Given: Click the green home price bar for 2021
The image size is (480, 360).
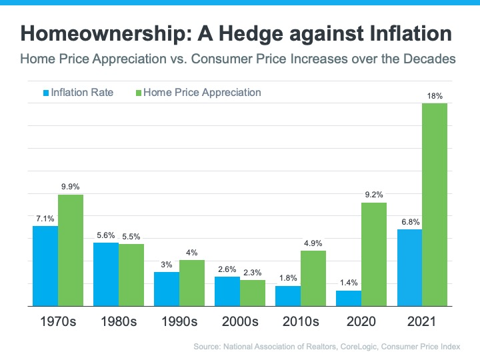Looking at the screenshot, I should coord(434,205).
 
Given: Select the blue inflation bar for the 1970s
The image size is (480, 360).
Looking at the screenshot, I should coord(45,266).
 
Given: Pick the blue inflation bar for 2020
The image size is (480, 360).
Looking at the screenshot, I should coord(348,298).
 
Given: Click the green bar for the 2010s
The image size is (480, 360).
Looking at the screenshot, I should coord(313,278).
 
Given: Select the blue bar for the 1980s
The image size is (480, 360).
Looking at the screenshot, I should coord(106,274).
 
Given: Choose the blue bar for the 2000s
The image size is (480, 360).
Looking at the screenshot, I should coord(227,291).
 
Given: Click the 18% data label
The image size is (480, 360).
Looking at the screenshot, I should coord(434,97).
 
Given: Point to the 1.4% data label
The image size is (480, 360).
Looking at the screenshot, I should coord(348,283).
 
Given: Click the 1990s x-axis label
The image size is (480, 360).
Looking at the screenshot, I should coord(179,322).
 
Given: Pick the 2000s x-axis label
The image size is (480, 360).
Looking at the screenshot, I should coord(240,322).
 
